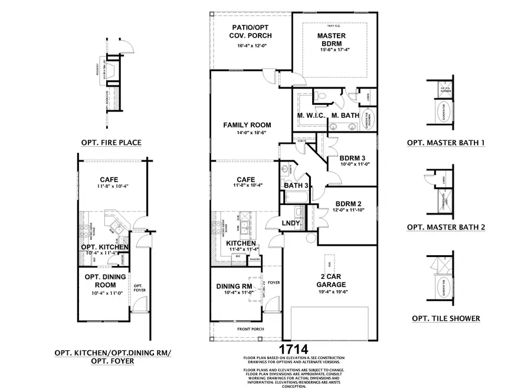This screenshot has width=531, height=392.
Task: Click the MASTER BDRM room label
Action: pos(331,39)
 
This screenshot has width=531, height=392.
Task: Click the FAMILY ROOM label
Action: pos(247,125)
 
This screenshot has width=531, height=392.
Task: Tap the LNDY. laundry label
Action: pos(292,223)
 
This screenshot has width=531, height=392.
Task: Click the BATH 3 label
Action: pos(297,186)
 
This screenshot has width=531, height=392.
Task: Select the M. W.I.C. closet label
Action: pos(311,115)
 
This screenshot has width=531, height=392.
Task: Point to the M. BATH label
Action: pos(343,115)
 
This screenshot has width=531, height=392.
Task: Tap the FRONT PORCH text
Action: pos(251,329)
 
